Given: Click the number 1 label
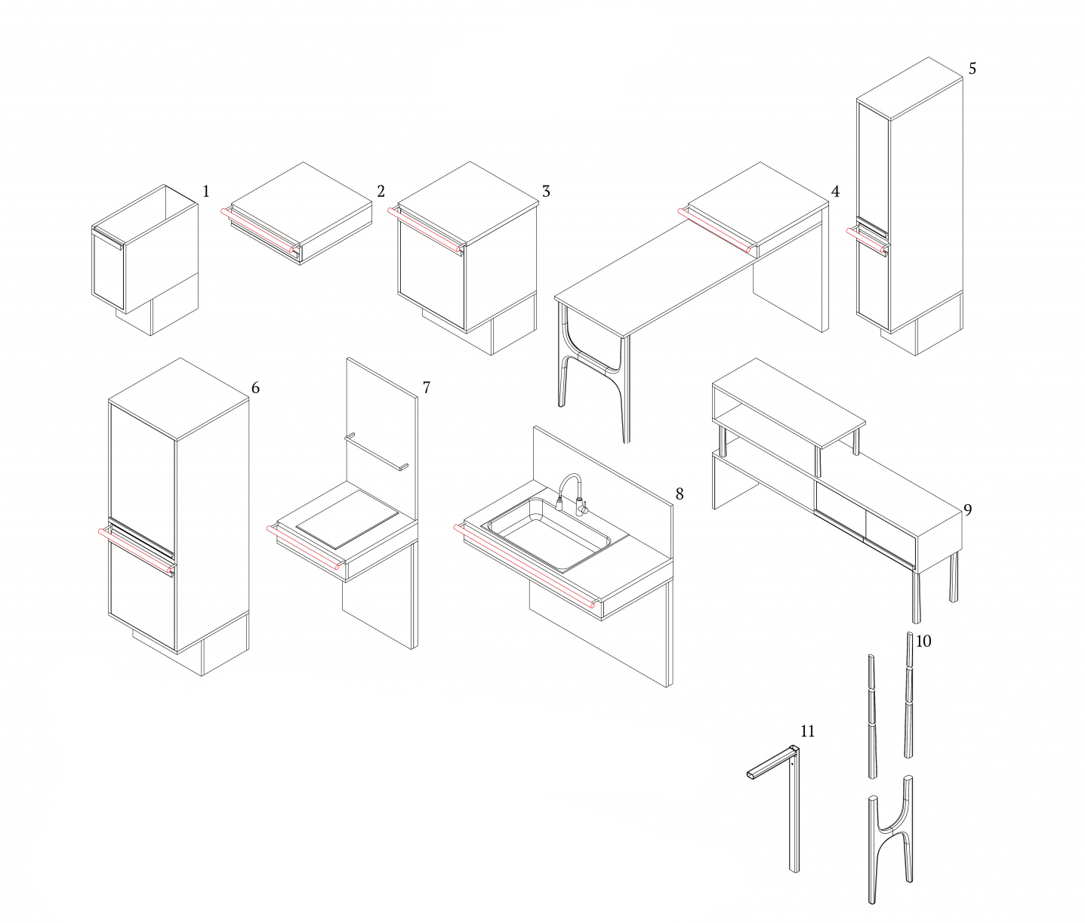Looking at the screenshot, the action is [x=206, y=192].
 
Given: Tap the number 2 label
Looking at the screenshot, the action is [x=381, y=192].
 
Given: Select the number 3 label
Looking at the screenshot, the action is [x=546, y=192].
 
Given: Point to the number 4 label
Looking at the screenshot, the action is [x=835, y=192].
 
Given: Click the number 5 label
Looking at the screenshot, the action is [x=972, y=69].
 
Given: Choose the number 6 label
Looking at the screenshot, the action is [x=256, y=388].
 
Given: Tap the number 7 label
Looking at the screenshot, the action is [x=427, y=388].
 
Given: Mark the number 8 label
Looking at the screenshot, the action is [x=680, y=494].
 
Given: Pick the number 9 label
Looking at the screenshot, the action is [x=967, y=509].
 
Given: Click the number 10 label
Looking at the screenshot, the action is [x=923, y=641].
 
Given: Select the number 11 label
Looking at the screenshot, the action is [x=807, y=731].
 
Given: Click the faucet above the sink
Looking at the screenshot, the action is [x=572, y=494].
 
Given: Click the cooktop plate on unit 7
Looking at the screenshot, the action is [x=347, y=519].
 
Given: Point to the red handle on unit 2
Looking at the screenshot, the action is [x=260, y=230].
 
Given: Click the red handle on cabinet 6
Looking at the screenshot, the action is [x=137, y=551].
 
